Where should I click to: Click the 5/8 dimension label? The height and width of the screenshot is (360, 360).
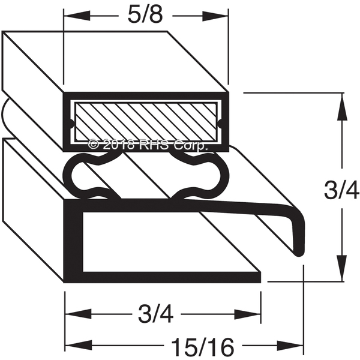[145, 16]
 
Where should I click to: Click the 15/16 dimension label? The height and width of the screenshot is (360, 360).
[203, 347]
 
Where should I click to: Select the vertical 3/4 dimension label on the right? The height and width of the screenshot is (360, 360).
[341, 190]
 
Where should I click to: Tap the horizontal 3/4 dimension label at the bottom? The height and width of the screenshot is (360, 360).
[155, 314]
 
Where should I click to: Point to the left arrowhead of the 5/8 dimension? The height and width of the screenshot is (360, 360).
[77, 16]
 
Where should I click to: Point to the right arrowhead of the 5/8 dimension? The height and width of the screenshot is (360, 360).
[215, 16]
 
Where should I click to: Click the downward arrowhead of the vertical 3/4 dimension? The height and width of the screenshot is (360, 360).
[342, 268]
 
